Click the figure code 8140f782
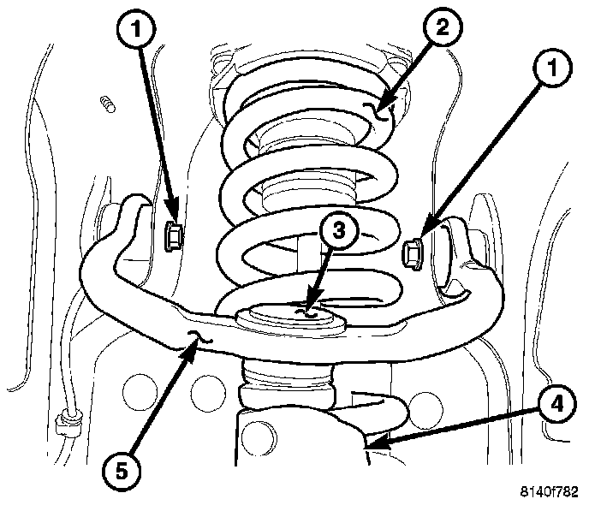(x=548, y=492)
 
